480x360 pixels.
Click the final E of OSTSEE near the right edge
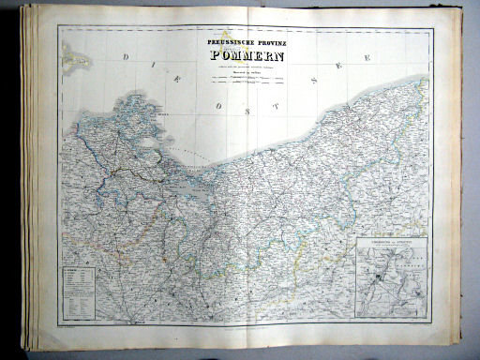(x=367, y=58)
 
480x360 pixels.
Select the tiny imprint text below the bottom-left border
(x=70, y=327)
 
